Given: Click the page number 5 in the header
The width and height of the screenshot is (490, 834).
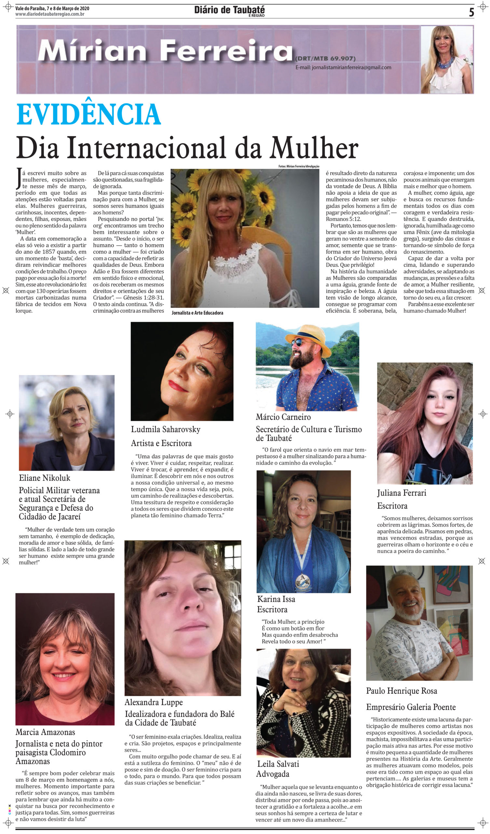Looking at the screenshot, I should [x=471, y=13].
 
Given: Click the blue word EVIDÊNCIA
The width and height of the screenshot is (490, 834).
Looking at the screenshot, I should [x=88, y=114].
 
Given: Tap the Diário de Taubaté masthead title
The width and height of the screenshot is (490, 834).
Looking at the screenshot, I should [x=229, y=10].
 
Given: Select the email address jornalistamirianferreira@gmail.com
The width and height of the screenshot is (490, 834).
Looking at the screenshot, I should [x=343, y=67].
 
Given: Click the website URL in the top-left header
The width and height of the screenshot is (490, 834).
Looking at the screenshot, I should [x=50, y=14].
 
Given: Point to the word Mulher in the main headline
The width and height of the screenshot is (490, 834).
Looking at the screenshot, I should [x=314, y=148].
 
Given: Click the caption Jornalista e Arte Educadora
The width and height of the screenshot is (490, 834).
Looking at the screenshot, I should [x=197, y=313].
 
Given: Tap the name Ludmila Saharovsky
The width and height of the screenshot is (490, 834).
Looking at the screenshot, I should [x=166, y=430].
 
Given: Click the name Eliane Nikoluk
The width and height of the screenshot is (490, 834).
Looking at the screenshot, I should [x=45, y=478].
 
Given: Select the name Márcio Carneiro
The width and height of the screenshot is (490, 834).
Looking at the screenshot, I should [x=283, y=417].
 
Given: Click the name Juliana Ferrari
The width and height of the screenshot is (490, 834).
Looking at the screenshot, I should [x=402, y=493].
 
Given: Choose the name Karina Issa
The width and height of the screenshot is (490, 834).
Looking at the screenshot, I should [x=277, y=599].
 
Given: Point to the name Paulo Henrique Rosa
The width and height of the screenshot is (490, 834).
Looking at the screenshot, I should [x=402, y=691].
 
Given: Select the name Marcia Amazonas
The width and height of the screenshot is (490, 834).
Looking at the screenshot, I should [x=45, y=732].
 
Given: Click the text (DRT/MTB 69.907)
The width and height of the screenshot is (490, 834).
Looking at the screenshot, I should [x=325, y=59].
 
